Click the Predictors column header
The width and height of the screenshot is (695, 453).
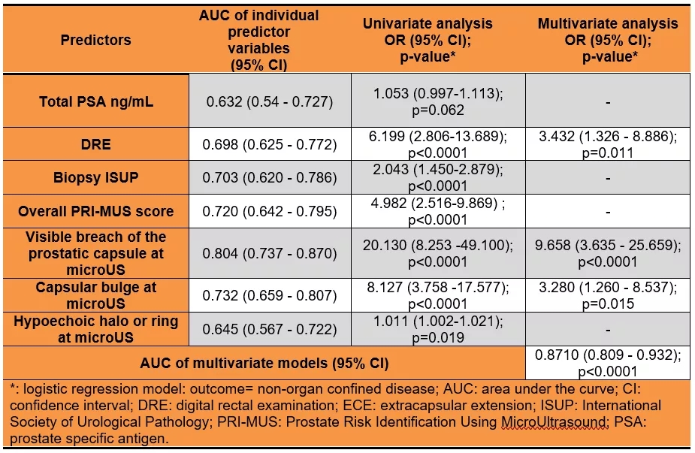[96, 40]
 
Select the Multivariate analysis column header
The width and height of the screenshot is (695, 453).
[607, 39]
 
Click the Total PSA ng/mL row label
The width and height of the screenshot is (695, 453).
[96, 102]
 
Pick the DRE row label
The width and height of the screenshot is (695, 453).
[96, 143]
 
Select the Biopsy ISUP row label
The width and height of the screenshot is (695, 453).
[96, 177]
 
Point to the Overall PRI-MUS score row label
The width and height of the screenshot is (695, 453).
[96, 211]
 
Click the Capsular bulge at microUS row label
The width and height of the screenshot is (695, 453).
[96, 296]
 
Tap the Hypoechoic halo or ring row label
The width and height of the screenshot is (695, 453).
[96, 329]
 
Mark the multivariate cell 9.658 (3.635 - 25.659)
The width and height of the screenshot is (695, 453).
[607, 246]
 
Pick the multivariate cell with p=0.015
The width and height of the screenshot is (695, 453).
[607, 304]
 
